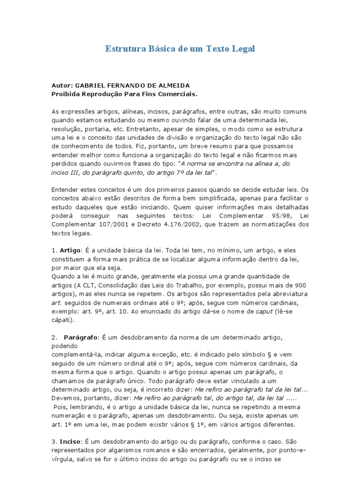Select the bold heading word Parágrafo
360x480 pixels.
81,337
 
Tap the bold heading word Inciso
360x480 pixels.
69,441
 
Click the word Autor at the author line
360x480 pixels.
61,86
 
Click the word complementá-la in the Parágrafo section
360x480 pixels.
75,355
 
